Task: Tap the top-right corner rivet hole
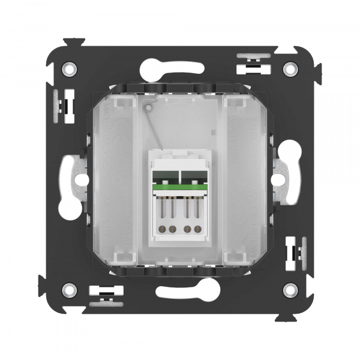(290, 68)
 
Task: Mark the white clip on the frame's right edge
(295, 247)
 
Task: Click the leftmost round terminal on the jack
(161, 228)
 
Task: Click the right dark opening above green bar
(195, 178)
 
